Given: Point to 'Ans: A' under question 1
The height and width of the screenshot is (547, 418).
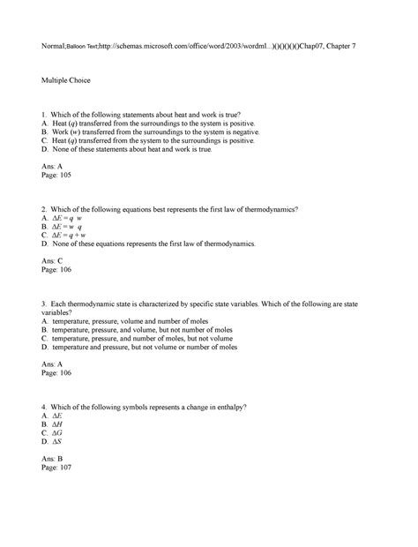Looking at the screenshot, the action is (x=53, y=167).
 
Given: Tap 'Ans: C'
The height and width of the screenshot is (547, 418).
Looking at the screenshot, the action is (x=53, y=261).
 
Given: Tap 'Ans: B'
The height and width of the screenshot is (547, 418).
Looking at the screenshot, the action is (x=53, y=459).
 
